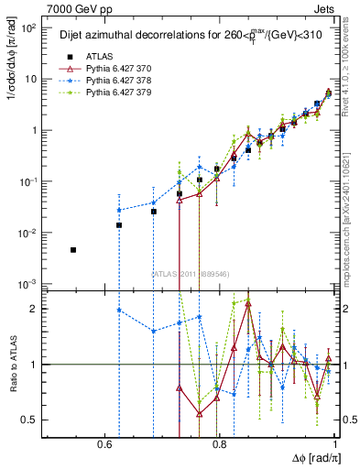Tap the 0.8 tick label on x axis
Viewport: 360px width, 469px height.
(x=220, y=444)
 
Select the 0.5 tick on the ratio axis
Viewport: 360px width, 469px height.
(x=31, y=420)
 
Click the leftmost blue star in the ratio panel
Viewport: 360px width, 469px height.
(x=119, y=310)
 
